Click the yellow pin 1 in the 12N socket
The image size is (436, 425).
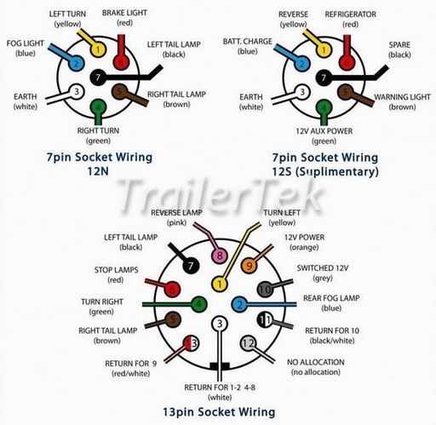click(x=98, y=50)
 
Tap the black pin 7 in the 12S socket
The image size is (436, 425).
click(x=324, y=78)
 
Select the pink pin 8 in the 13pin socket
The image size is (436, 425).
click(x=220, y=256)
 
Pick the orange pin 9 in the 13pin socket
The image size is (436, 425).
click(x=249, y=266)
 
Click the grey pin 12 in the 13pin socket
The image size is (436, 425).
click(x=249, y=344)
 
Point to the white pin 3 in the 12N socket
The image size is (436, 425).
click(x=76, y=92)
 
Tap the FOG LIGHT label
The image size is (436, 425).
click(x=26, y=43)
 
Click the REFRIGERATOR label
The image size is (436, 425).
click(x=350, y=14)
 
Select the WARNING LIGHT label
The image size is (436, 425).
click(x=402, y=97)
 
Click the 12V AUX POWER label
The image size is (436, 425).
click(x=324, y=131)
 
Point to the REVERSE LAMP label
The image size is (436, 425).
click(x=176, y=213)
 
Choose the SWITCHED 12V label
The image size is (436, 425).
click(x=323, y=268)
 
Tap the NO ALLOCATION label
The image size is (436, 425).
click(x=316, y=362)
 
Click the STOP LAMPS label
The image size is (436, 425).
click(x=117, y=270)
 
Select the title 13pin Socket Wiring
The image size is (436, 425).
click(x=219, y=412)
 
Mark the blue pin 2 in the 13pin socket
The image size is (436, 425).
click(x=240, y=305)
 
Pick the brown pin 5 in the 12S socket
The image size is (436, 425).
click(x=346, y=92)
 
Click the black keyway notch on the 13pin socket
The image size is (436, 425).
click(x=220, y=366)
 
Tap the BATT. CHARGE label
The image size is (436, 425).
click(x=248, y=42)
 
